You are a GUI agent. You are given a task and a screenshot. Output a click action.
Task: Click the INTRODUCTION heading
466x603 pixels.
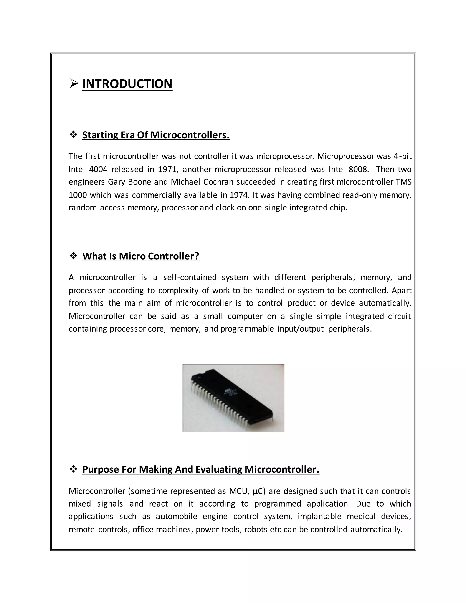(127, 84)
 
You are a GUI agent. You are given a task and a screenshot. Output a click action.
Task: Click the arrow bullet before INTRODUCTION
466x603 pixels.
(74, 83)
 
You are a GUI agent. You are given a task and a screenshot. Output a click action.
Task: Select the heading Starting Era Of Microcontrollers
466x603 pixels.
(156, 135)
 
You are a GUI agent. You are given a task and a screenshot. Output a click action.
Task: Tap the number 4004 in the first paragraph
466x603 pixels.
(98, 169)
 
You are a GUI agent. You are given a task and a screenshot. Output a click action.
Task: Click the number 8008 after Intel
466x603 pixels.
(358, 169)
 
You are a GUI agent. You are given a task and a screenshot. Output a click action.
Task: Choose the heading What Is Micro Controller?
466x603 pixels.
(141, 256)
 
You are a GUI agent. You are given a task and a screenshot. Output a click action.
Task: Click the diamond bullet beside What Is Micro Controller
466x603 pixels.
(73, 256)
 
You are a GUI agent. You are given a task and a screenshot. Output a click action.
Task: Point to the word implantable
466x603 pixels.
(319, 516)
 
